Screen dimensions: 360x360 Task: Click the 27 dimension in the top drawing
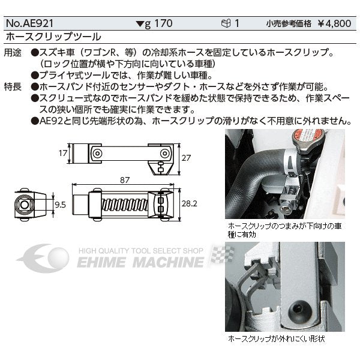click(187, 157)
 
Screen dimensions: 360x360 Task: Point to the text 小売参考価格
click(287, 25)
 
